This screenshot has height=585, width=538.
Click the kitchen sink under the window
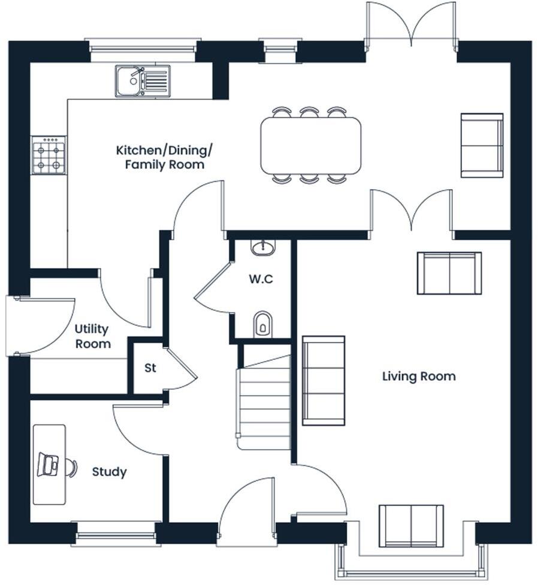[x=143, y=81]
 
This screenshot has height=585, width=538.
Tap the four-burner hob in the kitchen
[x=49, y=155]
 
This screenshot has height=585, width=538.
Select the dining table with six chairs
[x=310, y=145]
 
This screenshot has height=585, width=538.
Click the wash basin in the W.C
[x=263, y=247]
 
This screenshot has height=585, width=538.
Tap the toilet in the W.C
[x=262, y=324]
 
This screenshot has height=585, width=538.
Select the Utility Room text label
[x=92, y=337]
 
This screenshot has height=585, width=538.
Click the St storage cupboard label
[x=150, y=368]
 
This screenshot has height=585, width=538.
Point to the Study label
[x=109, y=472]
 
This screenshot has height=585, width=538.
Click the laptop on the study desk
[x=48, y=465]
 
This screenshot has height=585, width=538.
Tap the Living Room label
[x=419, y=376]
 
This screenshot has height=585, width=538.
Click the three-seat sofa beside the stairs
[x=324, y=380]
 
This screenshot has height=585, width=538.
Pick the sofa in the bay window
[x=411, y=526]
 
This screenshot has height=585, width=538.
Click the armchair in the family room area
[x=482, y=145]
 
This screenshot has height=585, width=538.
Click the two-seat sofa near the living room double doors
[x=449, y=273]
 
